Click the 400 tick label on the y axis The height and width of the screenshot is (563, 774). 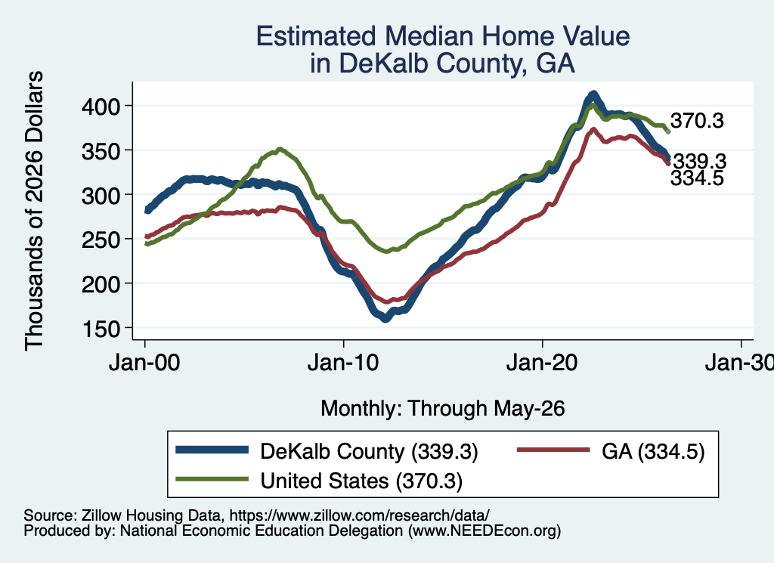[101, 106]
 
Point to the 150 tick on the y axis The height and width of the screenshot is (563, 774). [101, 328]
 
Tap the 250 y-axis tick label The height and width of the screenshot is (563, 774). [101, 240]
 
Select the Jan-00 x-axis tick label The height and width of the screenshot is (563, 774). [144, 363]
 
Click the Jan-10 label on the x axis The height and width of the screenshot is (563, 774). [343, 363]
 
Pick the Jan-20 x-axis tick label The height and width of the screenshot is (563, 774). [542, 363]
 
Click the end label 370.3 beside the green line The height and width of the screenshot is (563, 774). [697, 120]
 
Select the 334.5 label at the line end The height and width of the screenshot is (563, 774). [697, 178]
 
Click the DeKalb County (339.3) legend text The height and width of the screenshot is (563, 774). [369, 451]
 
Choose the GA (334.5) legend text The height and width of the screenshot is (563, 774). [653, 451]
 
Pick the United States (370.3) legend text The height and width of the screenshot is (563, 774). [361, 481]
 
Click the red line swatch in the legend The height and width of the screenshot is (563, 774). [553, 450]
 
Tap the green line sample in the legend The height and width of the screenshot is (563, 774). [212, 479]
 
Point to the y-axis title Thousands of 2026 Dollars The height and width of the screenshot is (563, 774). [34, 211]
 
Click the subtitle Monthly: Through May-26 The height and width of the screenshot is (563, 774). [443, 409]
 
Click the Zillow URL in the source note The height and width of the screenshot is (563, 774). [359, 515]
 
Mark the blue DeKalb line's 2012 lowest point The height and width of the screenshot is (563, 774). [385, 319]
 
